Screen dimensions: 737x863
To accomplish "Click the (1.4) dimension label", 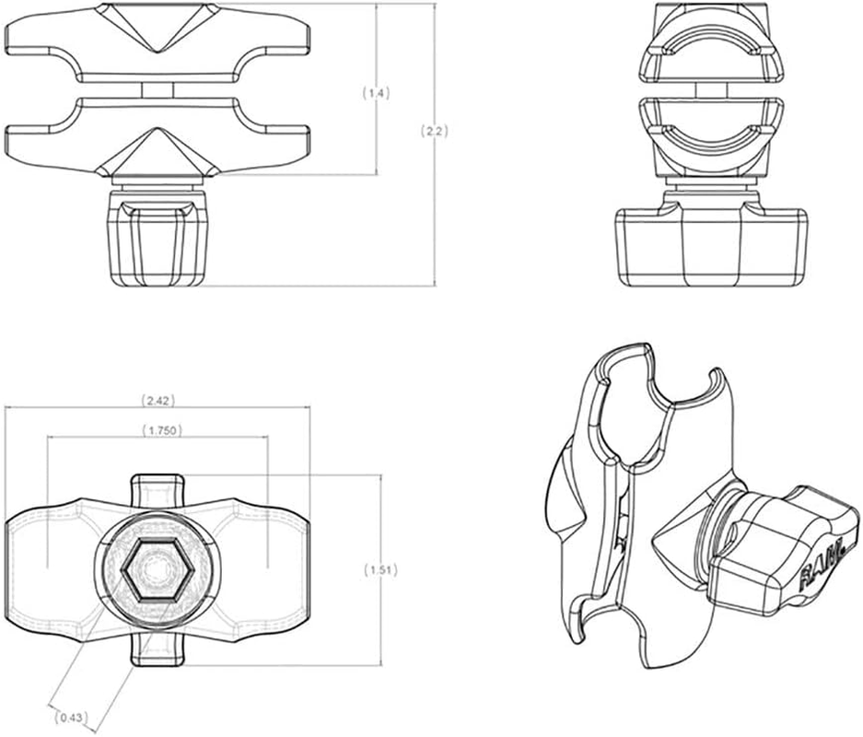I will pyautogui.click(x=377, y=93).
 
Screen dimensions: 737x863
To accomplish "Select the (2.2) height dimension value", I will pyautogui.click(x=434, y=132).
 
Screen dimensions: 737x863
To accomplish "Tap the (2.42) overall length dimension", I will pyautogui.click(x=157, y=401).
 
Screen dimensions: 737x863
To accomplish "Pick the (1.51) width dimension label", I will pyautogui.click(x=380, y=569).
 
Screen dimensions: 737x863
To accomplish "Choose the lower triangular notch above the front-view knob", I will pyautogui.click(x=154, y=153).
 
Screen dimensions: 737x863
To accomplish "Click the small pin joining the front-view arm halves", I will pyautogui.click(x=155, y=88).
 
